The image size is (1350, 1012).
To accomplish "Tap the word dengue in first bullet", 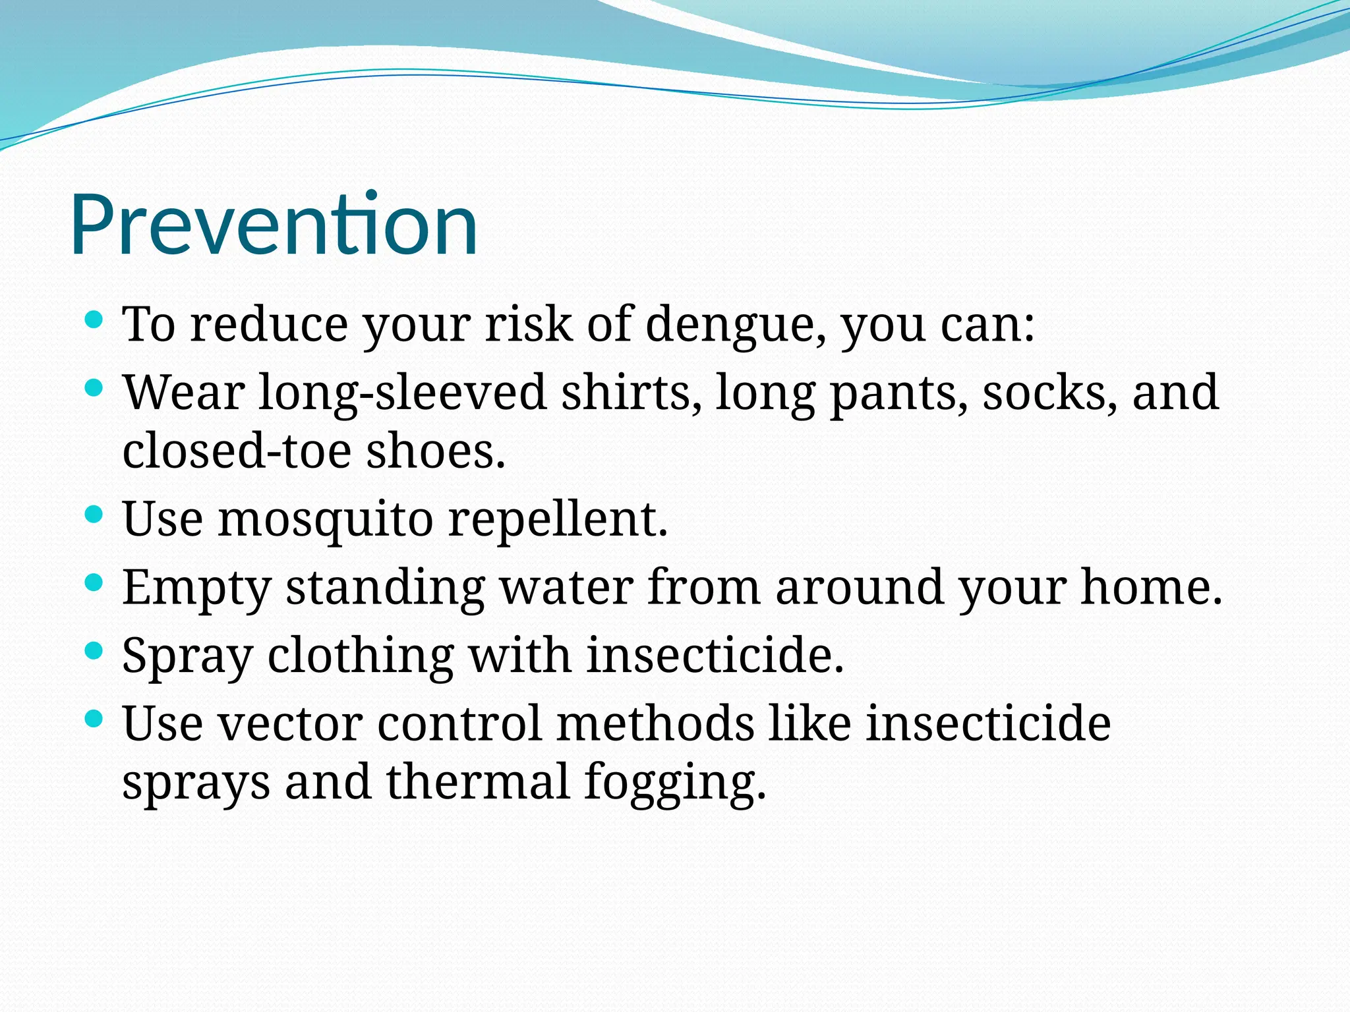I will (734, 325).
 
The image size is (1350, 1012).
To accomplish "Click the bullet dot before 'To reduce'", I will (94, 321).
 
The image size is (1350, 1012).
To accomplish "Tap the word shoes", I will (436, 451).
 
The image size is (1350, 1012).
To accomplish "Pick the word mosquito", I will (325, 520).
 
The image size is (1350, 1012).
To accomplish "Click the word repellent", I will (558, 520).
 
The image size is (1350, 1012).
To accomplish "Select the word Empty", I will (196, 588).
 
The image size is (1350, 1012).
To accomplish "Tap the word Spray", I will (187, 657).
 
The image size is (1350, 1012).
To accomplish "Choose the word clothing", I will (361, 657).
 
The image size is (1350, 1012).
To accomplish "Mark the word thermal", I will (477, 781).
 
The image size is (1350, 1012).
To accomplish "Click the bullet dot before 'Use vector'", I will (94, 719).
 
